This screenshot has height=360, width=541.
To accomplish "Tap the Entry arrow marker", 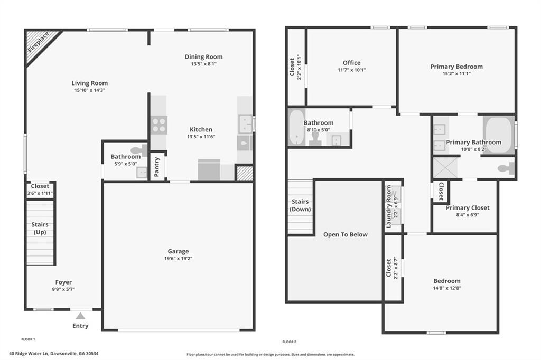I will pyautogui.click(x=80, y=316).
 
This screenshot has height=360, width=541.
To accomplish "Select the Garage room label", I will pyautogui.click(x=178, y=251).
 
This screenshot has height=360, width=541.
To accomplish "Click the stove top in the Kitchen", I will pyautogui.click(x=159, y=125).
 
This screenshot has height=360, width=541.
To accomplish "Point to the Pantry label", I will pyautogui.click(x=157, y=167).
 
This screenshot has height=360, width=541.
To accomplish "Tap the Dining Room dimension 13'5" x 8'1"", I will pyautogui.click(x=203, y=64).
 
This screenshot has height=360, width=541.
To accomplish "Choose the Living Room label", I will pyautogui.click(x=90, y=83).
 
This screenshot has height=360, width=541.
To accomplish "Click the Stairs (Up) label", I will pyautogui.click(x=40, y=229).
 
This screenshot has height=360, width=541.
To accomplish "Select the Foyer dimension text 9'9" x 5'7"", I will pyautogui.click(x=63, y=289).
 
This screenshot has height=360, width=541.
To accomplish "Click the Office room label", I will pyautogui.click(x=351, y=63).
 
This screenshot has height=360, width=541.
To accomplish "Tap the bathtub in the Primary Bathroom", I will pyautogui.click(x=498, y=135).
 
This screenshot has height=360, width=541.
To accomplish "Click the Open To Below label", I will pyautogui.click(x=346, y=234).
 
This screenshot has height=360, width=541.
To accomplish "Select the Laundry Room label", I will pyautogui.click(x=389, y=206).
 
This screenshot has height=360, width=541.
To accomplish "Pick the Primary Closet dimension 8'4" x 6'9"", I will pyautogui.click(x=468, y=215).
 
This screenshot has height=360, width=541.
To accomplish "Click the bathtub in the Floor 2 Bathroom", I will pyautogui.click(x=296, y=127).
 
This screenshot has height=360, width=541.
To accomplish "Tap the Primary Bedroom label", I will pyautogui.click(x=456, y=67).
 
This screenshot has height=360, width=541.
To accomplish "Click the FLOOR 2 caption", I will pyautogui.click(x=290, y=342).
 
